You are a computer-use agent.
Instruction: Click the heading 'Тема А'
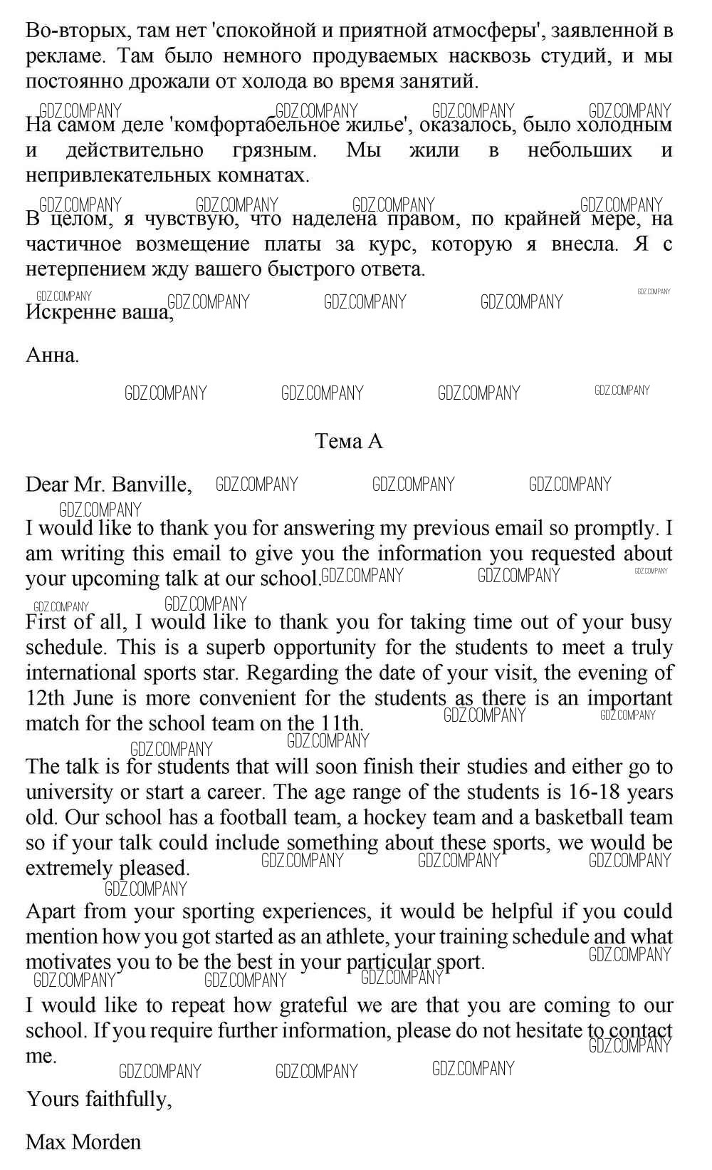click(x=349, y=442)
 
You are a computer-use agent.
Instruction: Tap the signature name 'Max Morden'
click(x=83, y=1142)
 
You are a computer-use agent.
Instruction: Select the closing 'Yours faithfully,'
click(x=99, y=1099)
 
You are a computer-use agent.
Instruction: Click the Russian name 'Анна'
click(x=51, y=355)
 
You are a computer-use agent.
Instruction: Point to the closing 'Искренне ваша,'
click(x=99, y=312)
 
